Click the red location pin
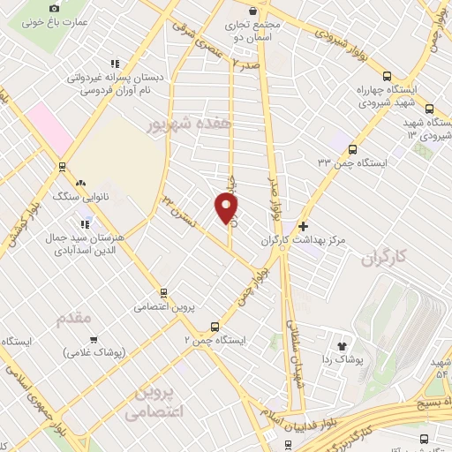click(227, 208)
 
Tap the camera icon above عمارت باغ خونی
click(31, 8)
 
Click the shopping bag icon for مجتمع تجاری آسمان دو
click(253, 11)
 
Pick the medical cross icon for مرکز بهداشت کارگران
click(303, 226)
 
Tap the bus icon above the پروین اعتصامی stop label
click(162, 292)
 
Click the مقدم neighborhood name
click(90, 318)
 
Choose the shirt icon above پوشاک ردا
click(343, 345)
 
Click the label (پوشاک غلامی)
click(94, 351)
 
